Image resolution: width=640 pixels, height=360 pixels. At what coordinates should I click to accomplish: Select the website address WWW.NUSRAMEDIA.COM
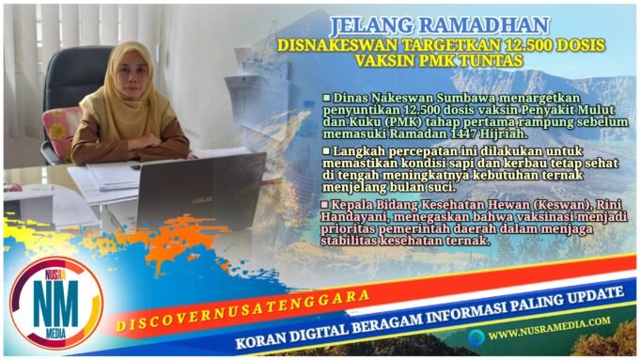click(549, 333)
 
